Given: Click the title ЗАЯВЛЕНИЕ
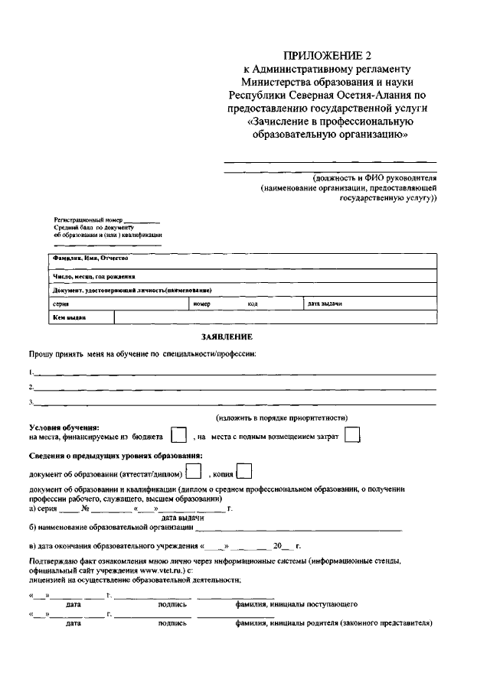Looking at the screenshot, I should tap(227, 336).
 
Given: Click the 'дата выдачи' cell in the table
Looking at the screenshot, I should tap(325, 304).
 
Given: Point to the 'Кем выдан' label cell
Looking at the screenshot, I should tap(69, 317).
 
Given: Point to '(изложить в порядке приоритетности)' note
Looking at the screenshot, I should tap(282, 417).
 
